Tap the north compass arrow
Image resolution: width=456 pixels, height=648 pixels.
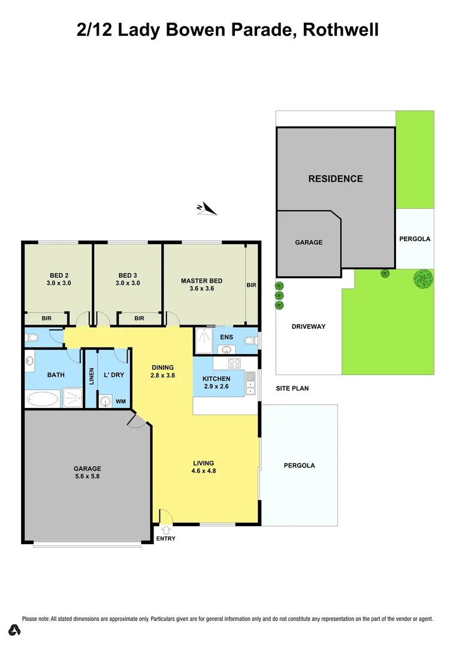(x=207, y=208)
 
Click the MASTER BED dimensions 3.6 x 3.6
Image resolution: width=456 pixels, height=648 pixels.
(x=202, y=289)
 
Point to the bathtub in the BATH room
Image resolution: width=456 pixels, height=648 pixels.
(x=43, y=398)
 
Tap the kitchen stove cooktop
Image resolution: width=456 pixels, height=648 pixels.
(x=234, y=363)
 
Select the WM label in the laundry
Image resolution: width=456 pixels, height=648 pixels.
(x=121, y=401)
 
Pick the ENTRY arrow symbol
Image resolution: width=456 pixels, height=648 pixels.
(x=166, y=529)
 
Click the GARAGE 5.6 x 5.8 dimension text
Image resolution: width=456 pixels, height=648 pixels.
(x=87, y=477)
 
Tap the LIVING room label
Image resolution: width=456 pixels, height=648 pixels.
(x=204, y=463)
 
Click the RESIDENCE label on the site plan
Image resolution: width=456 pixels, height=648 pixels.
(x=336, y=179)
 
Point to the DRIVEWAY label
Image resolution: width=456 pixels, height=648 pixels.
(x=309, y=326)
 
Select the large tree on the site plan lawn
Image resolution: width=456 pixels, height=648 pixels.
(x=423, y=278)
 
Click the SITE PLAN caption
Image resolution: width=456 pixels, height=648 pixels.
(x=292, y=389)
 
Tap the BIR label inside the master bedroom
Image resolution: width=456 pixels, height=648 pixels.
(x=252, y=286)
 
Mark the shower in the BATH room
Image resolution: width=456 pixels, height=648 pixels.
(x=73, y=398)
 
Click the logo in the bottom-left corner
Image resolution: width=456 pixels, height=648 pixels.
(x=14, y=629)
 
